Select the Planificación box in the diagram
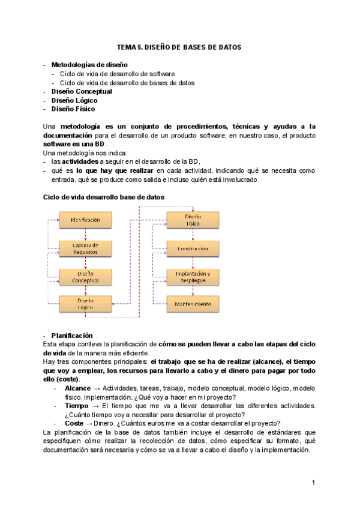pos(85,220)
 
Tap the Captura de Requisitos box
pos(85,248)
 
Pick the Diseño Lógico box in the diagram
pos(85,304)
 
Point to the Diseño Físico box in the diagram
pos(193,220)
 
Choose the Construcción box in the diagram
pos(193,248)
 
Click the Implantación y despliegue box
pos(193,276)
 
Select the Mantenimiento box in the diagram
pos(193,304)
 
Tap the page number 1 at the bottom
pos(313,483)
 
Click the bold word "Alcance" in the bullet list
pos(77,388)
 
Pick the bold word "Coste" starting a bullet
pos(74,423)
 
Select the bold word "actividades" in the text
pos(80,161)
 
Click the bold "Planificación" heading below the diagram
pos(71,335)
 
